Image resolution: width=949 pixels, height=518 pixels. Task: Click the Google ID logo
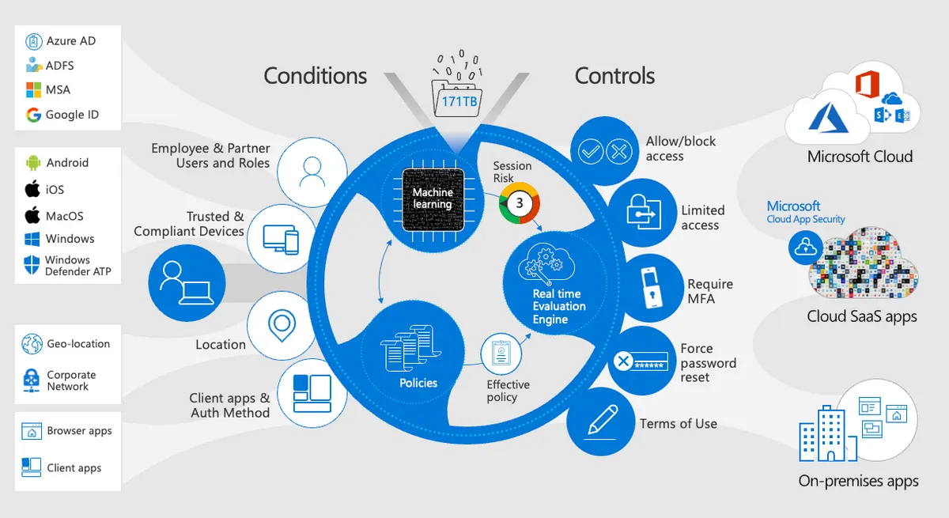(33, 115)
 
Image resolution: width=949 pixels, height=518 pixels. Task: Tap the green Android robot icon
(33, 163)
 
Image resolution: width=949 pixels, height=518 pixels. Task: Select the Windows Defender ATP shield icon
(32, 265)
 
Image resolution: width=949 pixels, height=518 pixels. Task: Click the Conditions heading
(315, 76)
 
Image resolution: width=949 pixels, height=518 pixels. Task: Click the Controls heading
(614, 76)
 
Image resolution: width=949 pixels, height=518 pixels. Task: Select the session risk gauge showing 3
(520, 202)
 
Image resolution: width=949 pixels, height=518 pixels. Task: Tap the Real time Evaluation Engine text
(558, 306)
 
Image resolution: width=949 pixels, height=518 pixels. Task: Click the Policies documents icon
(410, 350)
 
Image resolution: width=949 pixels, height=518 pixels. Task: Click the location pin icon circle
(282, 324)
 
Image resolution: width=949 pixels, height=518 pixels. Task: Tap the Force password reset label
(708, 363)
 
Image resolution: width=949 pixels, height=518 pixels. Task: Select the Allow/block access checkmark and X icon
(603, 150)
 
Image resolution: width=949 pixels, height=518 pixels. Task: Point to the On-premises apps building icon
(825, 436)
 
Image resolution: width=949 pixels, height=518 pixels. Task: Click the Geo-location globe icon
(32, 344)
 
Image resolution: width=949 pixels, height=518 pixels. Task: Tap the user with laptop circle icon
(187, 283)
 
